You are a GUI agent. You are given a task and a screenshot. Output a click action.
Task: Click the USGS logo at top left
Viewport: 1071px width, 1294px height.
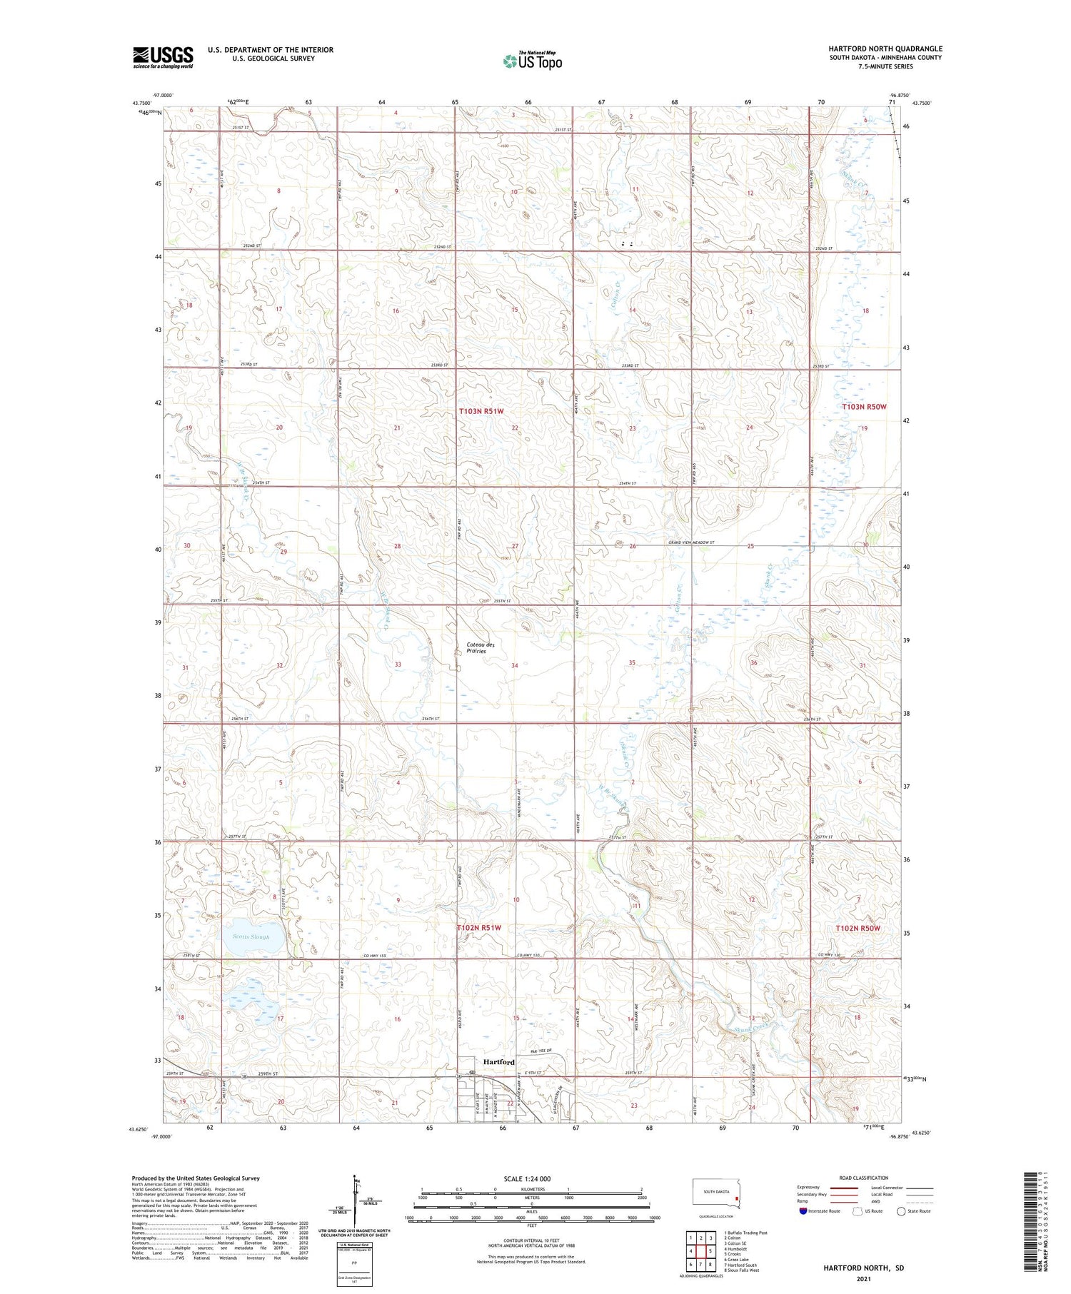click(x=163, y=57)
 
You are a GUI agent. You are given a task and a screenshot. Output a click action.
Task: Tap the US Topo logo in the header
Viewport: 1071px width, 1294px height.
click(x=532, y=61)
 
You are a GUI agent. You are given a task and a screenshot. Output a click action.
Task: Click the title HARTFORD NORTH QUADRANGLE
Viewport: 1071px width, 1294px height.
click(x=885, y=49)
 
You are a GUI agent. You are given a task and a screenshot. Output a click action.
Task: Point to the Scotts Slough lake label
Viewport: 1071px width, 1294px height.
click(x=251, y=936)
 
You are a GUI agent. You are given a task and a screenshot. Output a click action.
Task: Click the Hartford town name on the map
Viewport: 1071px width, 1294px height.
click(x=498, y=1061)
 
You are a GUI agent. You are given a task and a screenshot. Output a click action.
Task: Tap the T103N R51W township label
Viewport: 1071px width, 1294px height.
click(x=481, y=411)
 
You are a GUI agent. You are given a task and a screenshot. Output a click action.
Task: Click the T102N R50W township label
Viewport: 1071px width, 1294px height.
click(x=858, y=928)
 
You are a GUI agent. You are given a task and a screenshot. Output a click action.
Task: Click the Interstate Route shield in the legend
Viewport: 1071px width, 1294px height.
click(x=803, y=1211)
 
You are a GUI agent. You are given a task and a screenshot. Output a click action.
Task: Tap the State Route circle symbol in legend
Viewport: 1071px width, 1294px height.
click(x=901, y=1211)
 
